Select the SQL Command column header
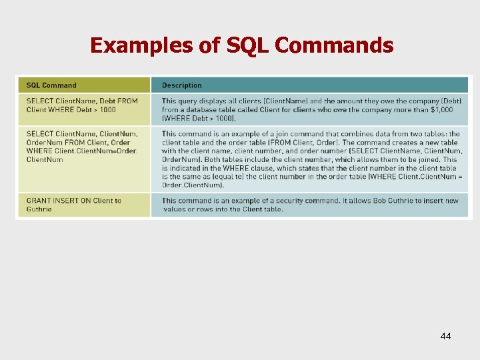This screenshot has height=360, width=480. coord(51,85)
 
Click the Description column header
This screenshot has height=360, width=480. coord(181,85)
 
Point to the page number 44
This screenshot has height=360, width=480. coord(445,336)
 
